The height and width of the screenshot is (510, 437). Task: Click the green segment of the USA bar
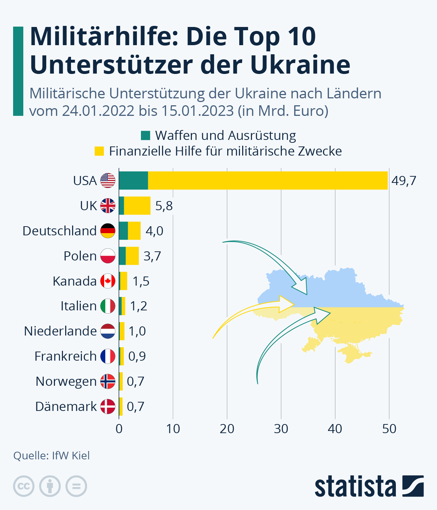(x=133, y=180)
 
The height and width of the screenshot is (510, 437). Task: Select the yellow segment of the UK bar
(x=137, y=205)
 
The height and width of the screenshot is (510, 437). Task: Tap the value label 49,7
(x=404, y=181)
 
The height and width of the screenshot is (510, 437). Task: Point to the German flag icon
(x=108, y=231)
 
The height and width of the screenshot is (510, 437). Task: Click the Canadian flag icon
(x=108, y=281)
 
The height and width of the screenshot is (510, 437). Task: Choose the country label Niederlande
(x=60, y=331)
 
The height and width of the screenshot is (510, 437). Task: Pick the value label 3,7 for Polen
(x=152, y=256)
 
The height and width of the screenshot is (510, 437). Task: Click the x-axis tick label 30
(x=281, y=429)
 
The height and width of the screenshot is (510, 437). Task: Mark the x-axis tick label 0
(x=119, y=429)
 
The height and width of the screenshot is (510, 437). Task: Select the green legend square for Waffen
(x=146, y=136)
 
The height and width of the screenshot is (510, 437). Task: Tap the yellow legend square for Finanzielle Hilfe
(x=99, y=151)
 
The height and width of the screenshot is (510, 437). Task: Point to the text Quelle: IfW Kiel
(x=51, y=456)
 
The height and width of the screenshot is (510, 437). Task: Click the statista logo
(x=369, y=486)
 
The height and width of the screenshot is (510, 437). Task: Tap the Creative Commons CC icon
(x=24, y=486)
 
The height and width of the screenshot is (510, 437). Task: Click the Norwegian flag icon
(x=108, y=381)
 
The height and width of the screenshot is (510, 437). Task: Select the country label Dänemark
(x=66, y=407)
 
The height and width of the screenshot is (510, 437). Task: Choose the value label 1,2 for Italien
(x=139, y=306)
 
